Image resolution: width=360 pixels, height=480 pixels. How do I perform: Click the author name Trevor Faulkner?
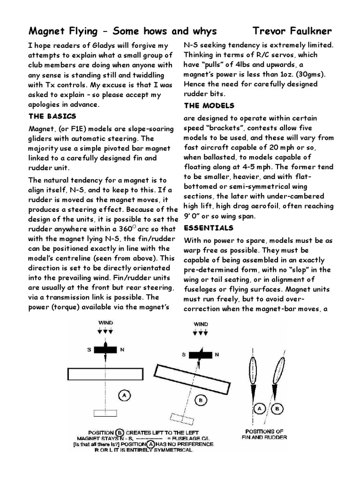coord(292,31)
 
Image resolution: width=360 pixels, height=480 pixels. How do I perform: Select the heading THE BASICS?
coord(52,116)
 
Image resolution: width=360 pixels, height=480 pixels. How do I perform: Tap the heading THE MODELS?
coord(209,105)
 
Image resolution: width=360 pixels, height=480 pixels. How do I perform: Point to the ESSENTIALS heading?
coord(209,228)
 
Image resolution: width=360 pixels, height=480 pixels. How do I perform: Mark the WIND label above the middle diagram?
coord(201,324)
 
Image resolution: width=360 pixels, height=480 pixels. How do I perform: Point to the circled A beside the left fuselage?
coord(124,396)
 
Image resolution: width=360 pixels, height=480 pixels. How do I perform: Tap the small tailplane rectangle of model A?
coord(105,413)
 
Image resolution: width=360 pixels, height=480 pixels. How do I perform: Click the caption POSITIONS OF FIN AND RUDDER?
coord(266,434)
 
